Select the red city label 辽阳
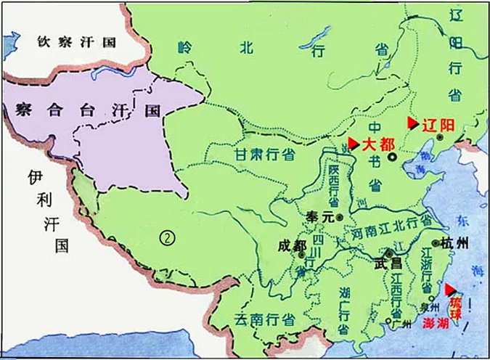[438, 126]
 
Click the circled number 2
[167, 237]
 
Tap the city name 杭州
[457, 243]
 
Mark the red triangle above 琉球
[451, 288]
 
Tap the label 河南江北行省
[391, 225]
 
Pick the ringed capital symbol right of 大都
[392, 157]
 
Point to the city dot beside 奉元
[338, 216]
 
